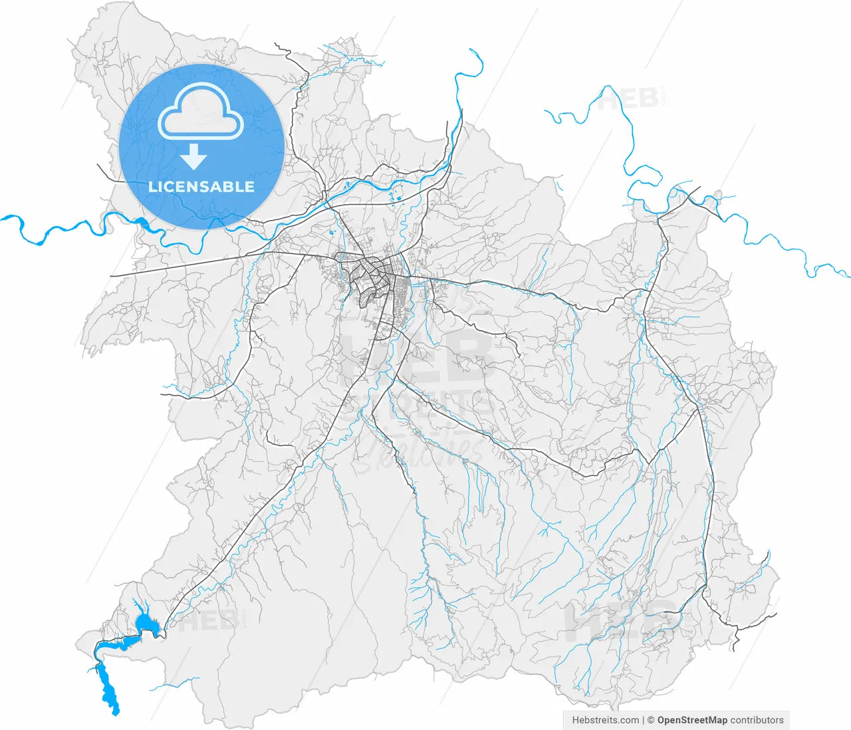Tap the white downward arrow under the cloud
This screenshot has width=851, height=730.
194,157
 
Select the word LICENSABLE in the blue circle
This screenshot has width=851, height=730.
201,187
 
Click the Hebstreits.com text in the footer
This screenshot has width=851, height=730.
605,720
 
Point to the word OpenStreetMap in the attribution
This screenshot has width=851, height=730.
691,720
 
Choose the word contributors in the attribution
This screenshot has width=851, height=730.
757,720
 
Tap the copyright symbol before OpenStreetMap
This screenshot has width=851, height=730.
651,720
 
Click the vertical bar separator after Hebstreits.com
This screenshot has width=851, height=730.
643,720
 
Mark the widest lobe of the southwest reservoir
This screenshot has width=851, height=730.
147,624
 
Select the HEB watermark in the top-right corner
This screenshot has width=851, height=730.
628,100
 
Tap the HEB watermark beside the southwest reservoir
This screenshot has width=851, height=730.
207,622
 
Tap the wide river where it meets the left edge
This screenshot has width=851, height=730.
4,217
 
